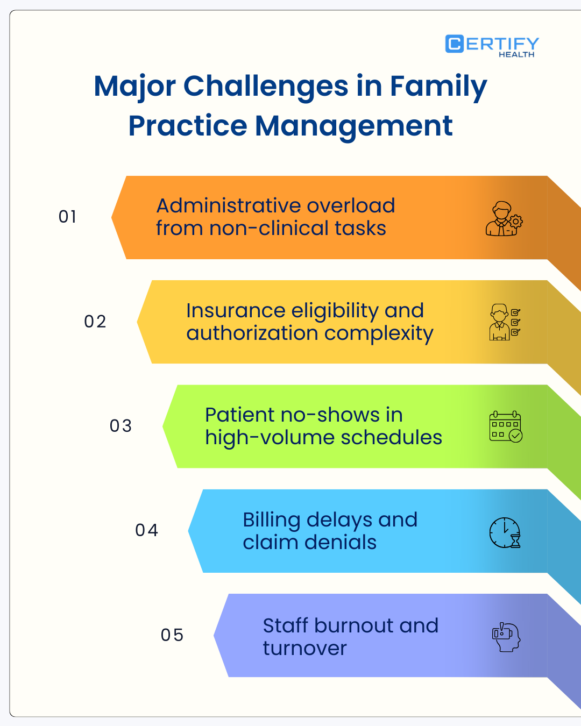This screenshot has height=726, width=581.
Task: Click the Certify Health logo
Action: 492,46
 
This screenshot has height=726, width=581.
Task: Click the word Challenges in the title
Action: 266,87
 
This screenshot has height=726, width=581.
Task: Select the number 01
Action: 68,217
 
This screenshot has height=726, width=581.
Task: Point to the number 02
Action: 95,322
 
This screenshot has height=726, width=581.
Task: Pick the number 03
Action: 121,426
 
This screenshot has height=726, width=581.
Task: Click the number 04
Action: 146,530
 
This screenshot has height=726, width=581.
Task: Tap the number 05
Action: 172,635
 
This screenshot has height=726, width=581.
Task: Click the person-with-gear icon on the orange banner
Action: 504,219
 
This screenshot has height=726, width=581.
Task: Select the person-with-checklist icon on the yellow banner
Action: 505,322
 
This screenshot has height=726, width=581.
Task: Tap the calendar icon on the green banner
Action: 506,426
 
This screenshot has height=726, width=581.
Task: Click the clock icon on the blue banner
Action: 505,532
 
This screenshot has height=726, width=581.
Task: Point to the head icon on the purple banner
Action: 506,637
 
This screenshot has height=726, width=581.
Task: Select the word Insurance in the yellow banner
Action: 235,311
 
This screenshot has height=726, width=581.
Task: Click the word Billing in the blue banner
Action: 271,521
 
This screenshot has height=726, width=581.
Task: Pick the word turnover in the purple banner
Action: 304,649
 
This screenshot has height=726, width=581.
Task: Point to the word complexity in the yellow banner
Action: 379,334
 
